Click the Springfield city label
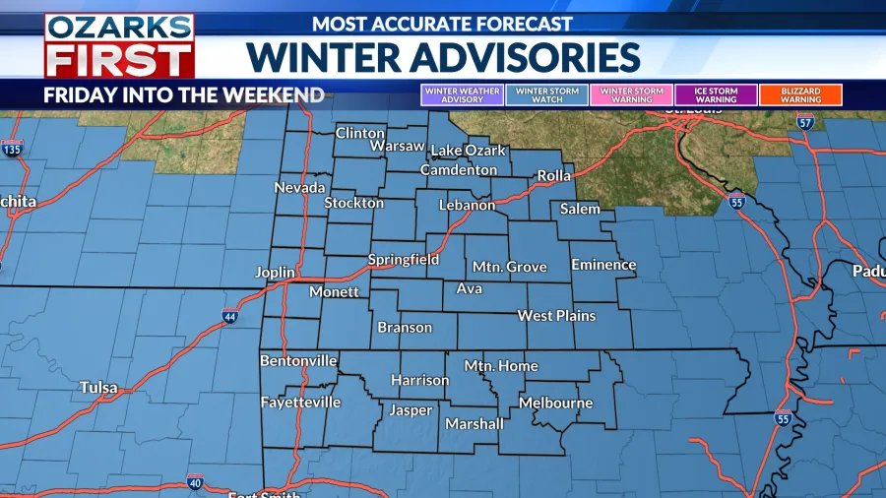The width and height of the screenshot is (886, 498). tap(404, 260)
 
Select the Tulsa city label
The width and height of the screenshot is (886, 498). tap(99, 388)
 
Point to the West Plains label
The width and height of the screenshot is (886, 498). tap(556, 316)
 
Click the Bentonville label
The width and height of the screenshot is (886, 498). tap(298, 361)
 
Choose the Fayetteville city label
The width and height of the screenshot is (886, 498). tap(300, 403)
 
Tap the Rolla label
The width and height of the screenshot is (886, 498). tap(554, 176)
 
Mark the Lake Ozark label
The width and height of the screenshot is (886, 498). tap(469, 151)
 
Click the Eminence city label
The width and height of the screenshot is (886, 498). tap(603, 265)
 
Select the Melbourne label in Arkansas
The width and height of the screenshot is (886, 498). tap(555, 404)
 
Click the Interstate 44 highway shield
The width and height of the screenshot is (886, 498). tap(229, 316)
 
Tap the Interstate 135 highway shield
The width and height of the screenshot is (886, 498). tap(12, 150)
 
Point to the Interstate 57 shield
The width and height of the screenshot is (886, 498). tap(805, 124)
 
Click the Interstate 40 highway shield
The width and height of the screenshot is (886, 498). tap(195, 482)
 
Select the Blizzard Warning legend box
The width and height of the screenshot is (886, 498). tap(800, 95)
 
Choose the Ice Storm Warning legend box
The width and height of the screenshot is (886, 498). tap(716, 95)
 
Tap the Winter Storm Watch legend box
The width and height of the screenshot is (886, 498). tap(547, 95)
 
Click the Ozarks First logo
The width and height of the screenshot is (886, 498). tap(119, 46)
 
